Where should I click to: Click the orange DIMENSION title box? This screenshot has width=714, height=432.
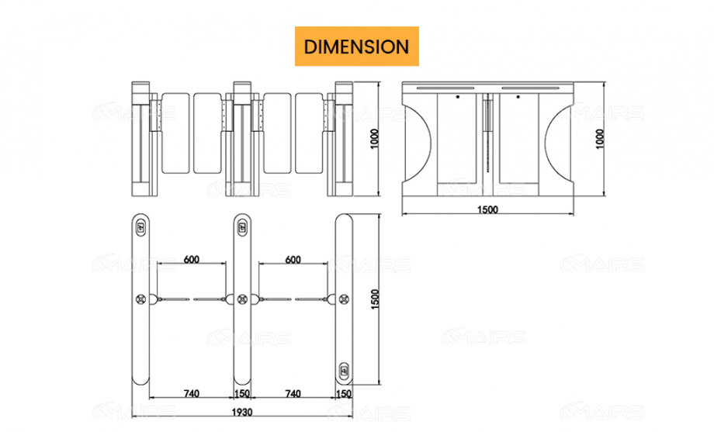pyautogui.click(x=356, y=47)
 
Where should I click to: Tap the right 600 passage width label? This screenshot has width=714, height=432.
pyautogui.click(x=293, y=260)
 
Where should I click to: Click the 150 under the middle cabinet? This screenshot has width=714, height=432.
pyautogui.click(x=243, y=394)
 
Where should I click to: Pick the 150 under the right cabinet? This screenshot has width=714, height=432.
pyautogui.click(x=344, y=394)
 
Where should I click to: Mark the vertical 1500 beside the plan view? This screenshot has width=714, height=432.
pyautogui.click(x=375, y=299)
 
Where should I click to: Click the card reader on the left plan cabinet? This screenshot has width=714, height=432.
pyautogui.click(x=141, y=227)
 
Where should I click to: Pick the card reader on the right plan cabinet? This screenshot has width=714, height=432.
pyautogui.click(x=344, y=369)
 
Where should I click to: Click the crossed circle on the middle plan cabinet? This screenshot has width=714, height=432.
pyautogui.click(x=243, y=299)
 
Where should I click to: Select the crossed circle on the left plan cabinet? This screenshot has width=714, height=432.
pyautogui.click(x=141, y=299)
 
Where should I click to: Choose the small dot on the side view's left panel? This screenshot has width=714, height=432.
pyautogui.click(x=457, y=98)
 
